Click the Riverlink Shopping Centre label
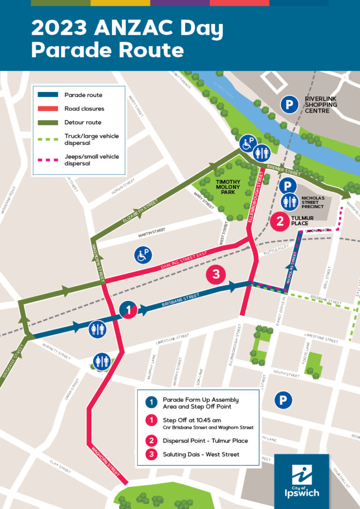tap(321, 105)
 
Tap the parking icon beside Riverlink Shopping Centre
tap(289, 105)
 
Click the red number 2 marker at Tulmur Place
tap(280, 221)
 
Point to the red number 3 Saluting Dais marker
tap(216, 275)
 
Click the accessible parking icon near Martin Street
tap(143, 255)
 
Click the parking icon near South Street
tap(283, 400)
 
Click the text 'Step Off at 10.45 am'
tap(191, 420)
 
